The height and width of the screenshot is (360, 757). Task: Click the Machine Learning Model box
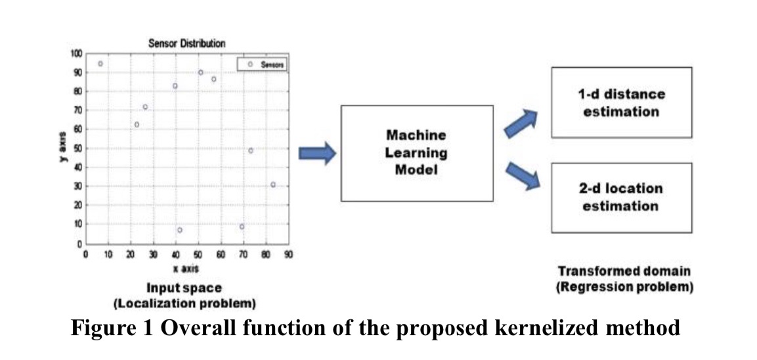(416, 152)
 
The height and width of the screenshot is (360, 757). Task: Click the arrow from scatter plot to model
(317, 153)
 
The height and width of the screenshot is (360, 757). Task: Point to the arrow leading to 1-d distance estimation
(521, 124)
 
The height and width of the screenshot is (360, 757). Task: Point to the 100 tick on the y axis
(76, 54)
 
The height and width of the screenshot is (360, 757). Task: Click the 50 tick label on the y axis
(77, 148)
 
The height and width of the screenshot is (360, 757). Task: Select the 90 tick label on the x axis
(287, 254)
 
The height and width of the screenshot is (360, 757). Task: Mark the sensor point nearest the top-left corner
(100, 64)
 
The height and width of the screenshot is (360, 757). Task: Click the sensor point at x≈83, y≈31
(273, 185)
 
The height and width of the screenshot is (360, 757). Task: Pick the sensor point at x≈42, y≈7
(180, 230)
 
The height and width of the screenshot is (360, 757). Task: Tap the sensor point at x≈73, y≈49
(250, 150)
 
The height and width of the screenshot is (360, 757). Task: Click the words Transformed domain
(624, 271)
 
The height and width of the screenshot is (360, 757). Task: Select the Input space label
(184, 288)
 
